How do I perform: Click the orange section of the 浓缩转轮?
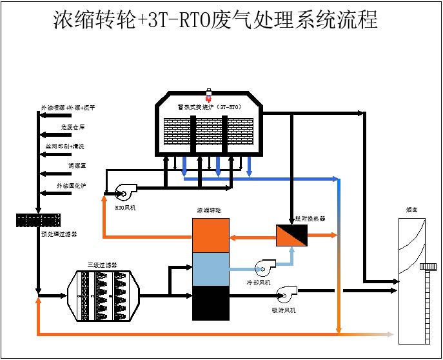pyautogui.click(x=212, y=235)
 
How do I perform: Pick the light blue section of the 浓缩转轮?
pyautogui.click(x=212, y=268)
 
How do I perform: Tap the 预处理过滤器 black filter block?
pyautogui.click(x=38, y=220)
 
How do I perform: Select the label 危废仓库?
pyautogui.click(x=73, y=128)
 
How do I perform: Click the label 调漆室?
pyautogui.click(x=77, y=166)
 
